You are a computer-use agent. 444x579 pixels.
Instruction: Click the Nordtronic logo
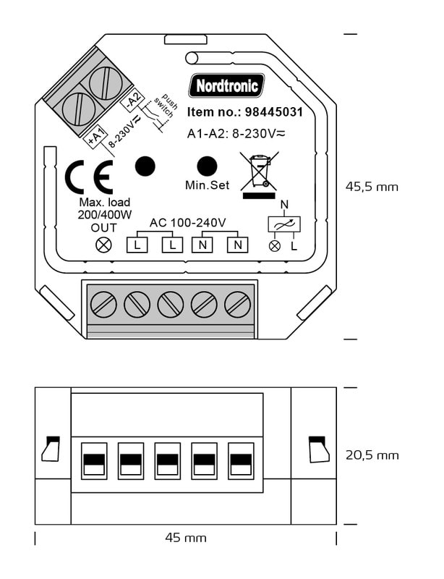coord(226,86)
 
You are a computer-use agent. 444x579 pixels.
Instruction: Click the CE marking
coord(88,177)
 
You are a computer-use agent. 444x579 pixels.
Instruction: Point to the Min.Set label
coord(207,185)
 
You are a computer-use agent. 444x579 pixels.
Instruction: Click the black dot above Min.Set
coord(208,166)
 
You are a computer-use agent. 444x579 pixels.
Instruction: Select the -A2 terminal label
coord(132,101)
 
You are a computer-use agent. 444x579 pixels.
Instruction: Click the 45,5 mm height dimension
coord(372,187)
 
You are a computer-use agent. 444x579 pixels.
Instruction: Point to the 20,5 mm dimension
coord(372,455)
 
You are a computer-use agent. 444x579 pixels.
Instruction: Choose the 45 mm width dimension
coord(186,538)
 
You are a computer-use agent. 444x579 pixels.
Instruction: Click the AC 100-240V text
coord(188,222)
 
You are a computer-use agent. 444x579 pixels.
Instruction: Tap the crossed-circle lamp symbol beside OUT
coord(104,245)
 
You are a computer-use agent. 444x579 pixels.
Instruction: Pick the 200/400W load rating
coord(104,215)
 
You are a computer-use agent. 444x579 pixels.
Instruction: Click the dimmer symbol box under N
coord(283,224)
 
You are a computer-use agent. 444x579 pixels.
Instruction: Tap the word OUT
coord(104,228)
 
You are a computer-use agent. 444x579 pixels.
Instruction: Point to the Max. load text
coord(104,202)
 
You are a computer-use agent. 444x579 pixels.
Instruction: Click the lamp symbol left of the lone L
coord(274,246)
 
